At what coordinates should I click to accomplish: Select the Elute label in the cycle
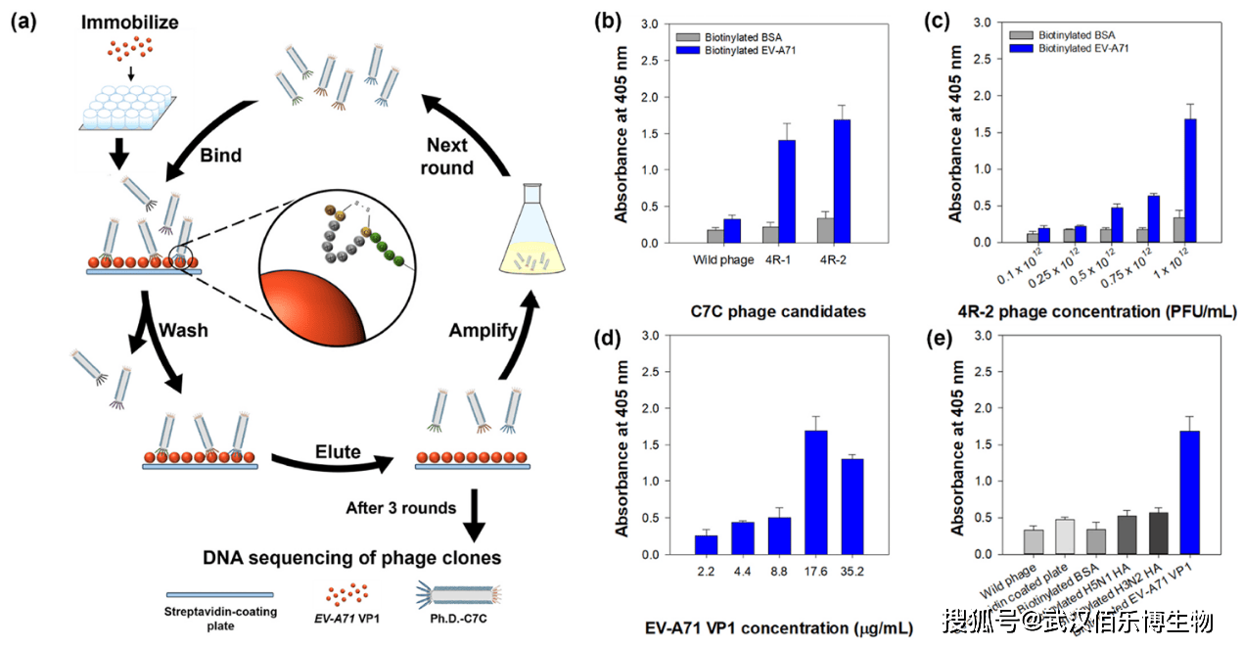[337, 451]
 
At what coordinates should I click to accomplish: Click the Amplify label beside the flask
[482, 330]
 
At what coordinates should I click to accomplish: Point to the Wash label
[184, 330]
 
